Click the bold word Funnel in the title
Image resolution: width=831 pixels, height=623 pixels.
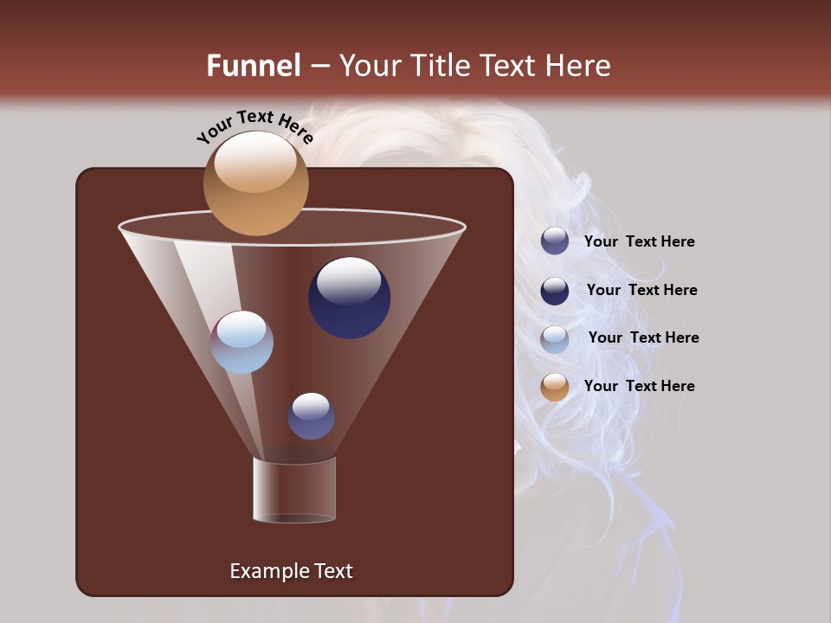[253, 66]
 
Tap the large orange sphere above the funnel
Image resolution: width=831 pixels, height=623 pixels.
[255, 183]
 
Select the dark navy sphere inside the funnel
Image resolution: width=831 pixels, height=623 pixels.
[349, 299]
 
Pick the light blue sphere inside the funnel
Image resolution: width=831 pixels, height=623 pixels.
[242, 342]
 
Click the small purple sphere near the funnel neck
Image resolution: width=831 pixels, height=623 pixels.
[311, 416]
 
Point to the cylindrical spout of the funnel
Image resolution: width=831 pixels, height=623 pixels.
[294, 490]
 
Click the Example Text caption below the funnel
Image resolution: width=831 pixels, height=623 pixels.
[291, 571]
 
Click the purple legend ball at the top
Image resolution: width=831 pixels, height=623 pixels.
[555, 241]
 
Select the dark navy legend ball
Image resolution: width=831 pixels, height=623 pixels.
[555, 290]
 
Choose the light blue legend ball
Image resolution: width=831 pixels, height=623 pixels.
[555, 338]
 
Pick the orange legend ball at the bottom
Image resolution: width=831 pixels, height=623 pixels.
[555, 387]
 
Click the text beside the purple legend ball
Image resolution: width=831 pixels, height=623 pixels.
[639, 242]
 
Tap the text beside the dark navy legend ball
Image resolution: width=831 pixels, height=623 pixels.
[641, 290]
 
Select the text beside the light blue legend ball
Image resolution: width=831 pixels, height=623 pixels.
[643, 337]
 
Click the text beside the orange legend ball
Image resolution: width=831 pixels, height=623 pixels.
[639, 386]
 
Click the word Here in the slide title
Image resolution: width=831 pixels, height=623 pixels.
[577, 66]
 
